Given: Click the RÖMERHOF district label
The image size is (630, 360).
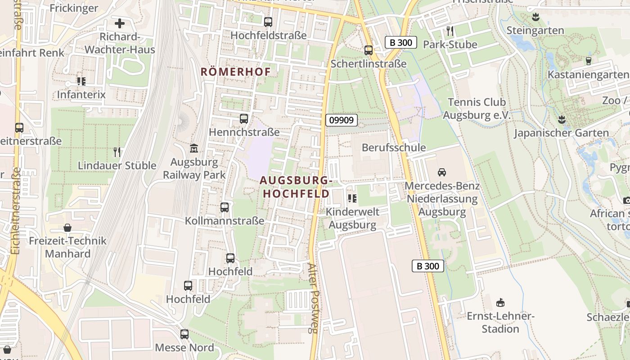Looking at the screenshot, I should pyautogui.click(x=236, y=72).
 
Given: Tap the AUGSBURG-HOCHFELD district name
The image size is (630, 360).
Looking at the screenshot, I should pyautogui.click(x=296, y=187).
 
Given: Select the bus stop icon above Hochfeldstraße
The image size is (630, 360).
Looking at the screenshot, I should pyautogui.click(x=268, y=22).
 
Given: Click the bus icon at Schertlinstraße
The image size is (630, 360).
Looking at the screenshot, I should pyautogui.click(x=369, y=50).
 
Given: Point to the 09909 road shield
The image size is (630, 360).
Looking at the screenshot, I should pyautogui.click(x=342, y=120).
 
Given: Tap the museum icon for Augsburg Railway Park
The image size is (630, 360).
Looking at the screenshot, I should pyautogui.click(x=194, y=148).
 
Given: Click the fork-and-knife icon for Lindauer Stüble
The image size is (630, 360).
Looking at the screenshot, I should pyautogui.click(x=117, y=152).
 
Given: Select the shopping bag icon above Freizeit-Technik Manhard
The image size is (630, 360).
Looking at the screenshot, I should pyautogui.click(x=67, y=228).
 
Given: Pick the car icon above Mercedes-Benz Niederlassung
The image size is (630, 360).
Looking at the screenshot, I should pyautogui.click(x=442, y=172).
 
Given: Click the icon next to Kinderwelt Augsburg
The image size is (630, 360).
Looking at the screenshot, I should pyautogui.click(x=352, y=198).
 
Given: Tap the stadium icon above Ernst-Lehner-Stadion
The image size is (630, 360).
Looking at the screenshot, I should pyautogui.click(x=500, y=302).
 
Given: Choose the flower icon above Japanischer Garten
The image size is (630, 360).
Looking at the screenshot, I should pyautogui.click(x=561, y=120).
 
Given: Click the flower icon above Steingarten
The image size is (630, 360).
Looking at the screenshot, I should pyautogui.click(x=535, y=18).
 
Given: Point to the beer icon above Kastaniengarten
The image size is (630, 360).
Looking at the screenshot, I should pyautogui.click(x=588, y=61).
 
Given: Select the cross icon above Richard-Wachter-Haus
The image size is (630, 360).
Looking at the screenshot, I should pyautogui.click(x=120, y=23).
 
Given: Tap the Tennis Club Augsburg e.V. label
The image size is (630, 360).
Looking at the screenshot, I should pyautogui.click(x=477, y=108).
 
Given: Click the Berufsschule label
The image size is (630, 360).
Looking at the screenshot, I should pyautogui.click(x=393, y=148).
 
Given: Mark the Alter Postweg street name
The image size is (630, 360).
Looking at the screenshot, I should pyautogui.click(x=313, y=298).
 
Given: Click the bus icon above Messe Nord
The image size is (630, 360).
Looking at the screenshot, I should pyautogui.click(x=184, y=334).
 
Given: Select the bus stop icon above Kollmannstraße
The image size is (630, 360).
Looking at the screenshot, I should pyautogui.click(x=225, y=207).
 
